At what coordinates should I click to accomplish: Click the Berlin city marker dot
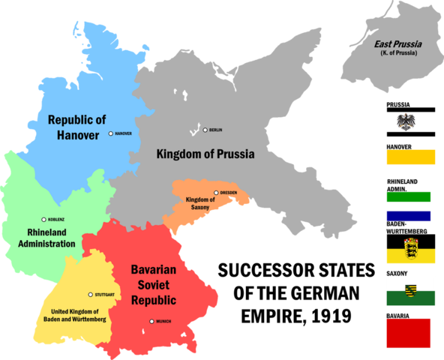click(x=205, y=130)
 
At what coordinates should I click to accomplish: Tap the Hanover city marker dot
click(x=111, y=133)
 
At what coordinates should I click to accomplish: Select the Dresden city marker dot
click(x=216, y=192)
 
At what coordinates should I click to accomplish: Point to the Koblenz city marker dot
click(x=43, y=220)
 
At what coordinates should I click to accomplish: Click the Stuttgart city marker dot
click(x=91, y=295)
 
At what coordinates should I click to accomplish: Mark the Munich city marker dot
click(x=152, y=322)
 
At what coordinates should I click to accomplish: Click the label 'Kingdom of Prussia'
click(x=205, y=154)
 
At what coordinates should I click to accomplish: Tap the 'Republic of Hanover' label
click(x=73, y=127)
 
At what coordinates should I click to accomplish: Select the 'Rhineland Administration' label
click(x=46, y=238)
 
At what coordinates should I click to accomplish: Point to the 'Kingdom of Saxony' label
click(x=199, y=203)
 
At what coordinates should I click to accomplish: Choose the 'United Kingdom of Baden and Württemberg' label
click(x=79, y=315)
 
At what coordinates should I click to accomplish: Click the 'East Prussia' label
click(x=397, y=44)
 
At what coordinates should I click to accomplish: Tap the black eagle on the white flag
click(x=410, y=121)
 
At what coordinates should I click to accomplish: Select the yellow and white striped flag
click(x=410, y=163)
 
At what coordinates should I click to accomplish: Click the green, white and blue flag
click(x=410, y=206)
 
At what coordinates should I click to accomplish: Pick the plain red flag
click(x=409, y=332)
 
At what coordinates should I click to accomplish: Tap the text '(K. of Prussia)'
click(x=397, y=54)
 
